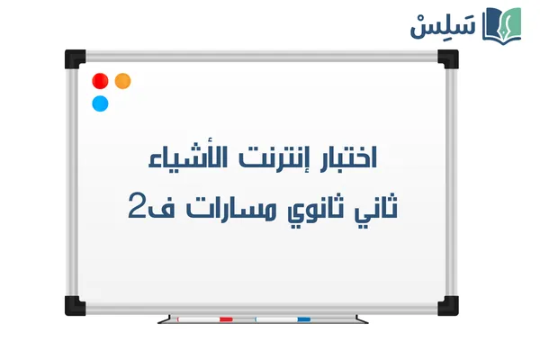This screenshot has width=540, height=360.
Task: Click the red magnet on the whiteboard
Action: point(100,80)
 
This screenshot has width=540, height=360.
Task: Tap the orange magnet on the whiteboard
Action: point(123,80)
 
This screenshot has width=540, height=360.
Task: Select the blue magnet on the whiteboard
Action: point(100,103)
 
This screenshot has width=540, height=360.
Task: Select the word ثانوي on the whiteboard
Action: point(310,210)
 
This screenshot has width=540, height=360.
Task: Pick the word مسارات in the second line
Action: point(224,208)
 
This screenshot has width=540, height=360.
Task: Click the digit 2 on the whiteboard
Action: point(138,208)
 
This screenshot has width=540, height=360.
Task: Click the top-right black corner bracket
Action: point(447,59)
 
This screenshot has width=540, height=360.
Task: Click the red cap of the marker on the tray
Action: point(226,319)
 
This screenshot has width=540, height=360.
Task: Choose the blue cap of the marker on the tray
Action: point(304,319)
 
